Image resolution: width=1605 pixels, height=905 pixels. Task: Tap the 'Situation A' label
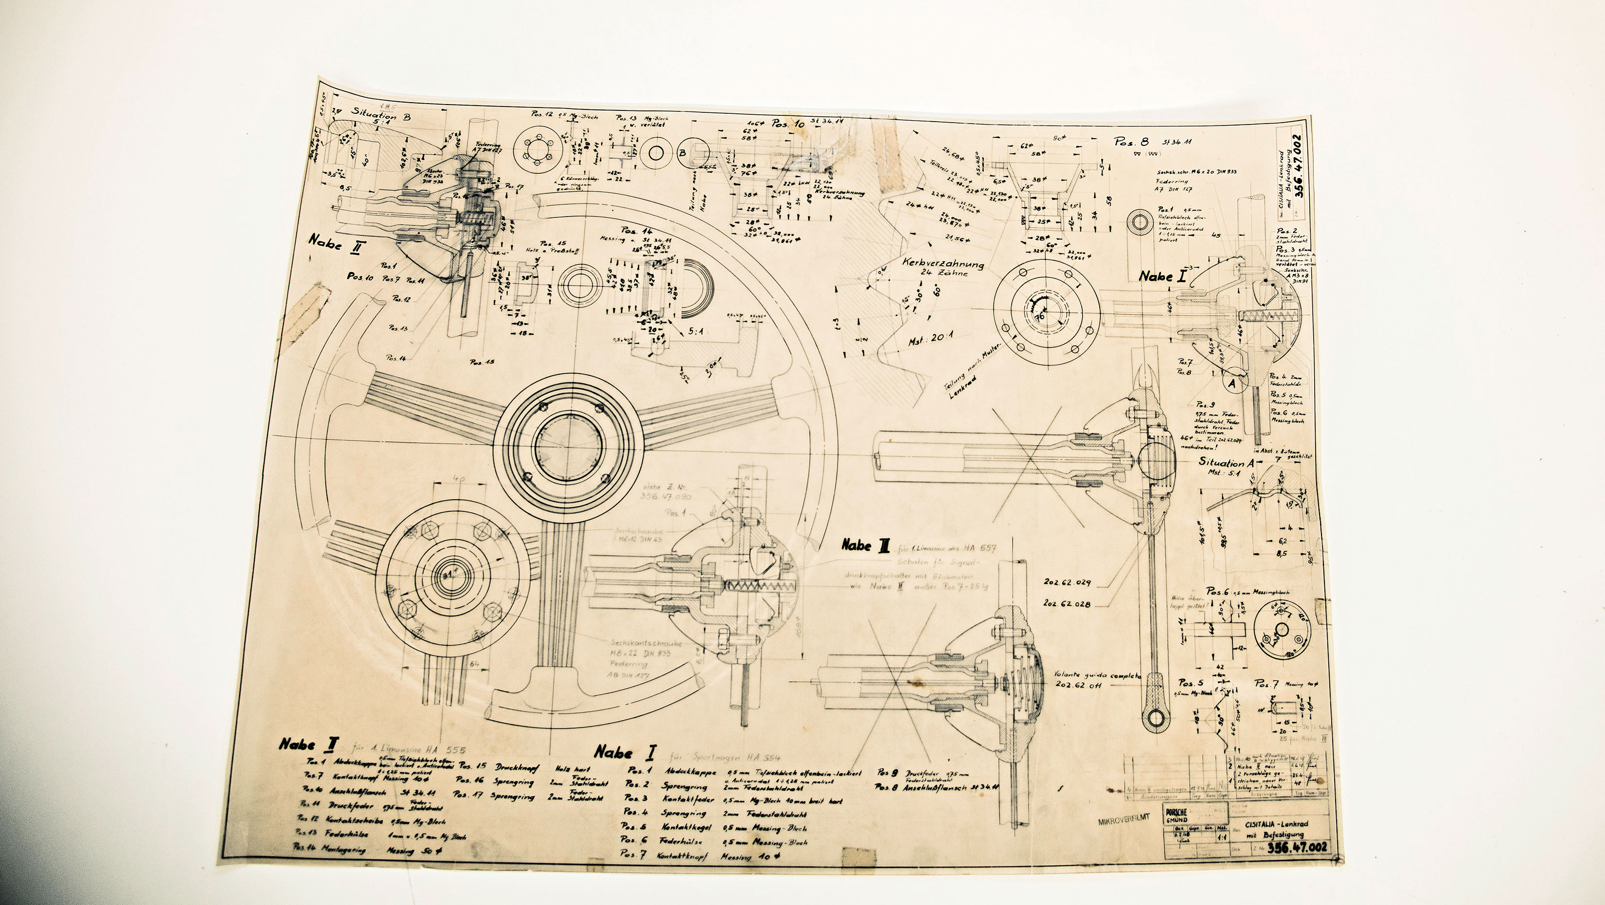1226,463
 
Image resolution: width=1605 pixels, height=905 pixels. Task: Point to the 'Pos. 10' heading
788,124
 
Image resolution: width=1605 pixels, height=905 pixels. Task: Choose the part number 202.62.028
1067,604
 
